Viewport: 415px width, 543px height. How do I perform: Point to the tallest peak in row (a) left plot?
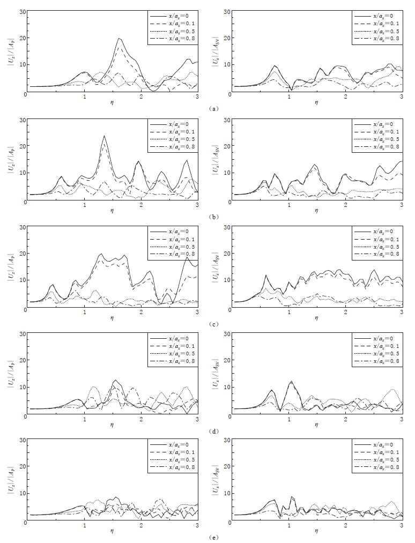119,39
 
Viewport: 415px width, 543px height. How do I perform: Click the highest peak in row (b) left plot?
104,136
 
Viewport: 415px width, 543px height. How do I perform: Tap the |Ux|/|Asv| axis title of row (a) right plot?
216,52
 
